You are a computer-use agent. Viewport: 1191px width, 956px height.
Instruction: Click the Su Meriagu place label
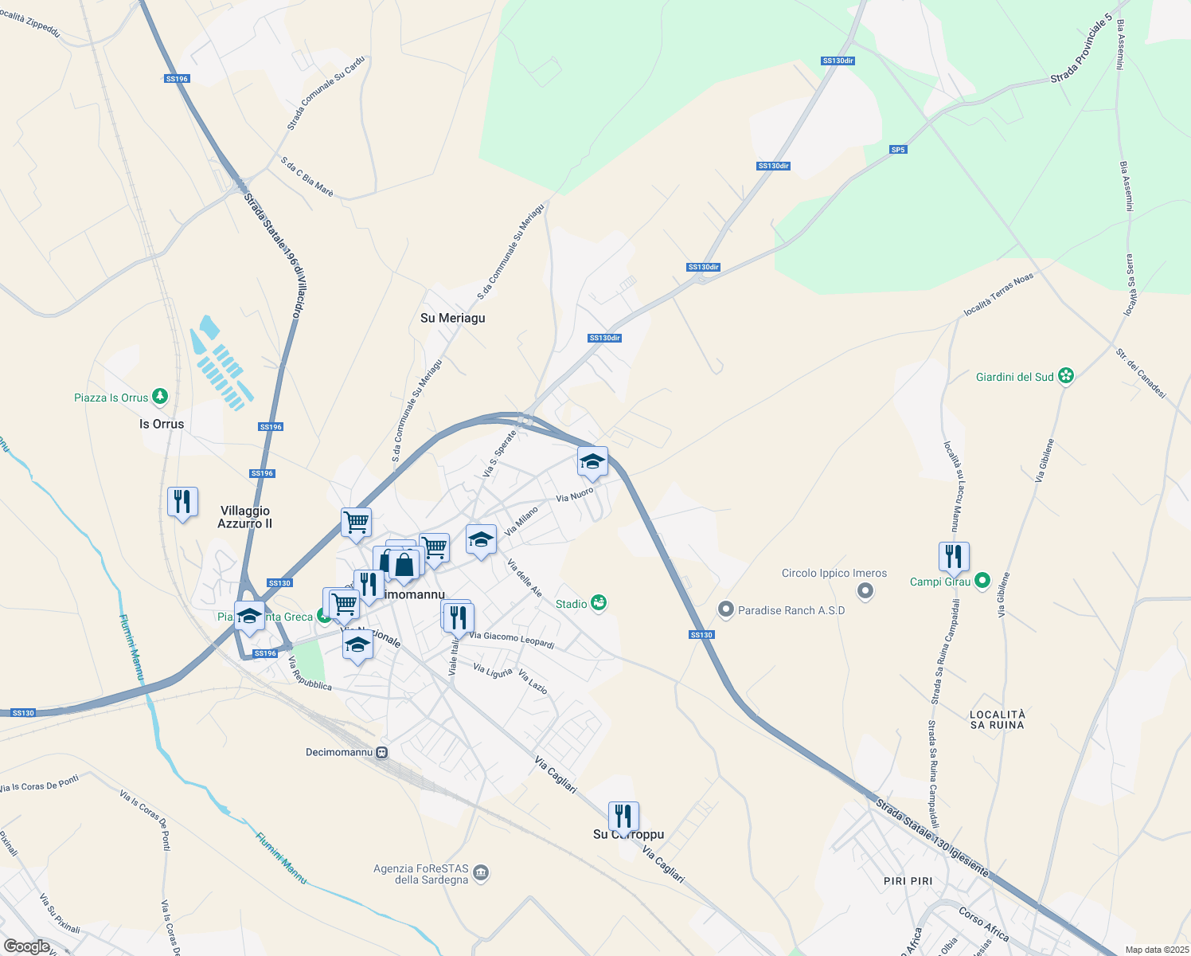coord(452,318)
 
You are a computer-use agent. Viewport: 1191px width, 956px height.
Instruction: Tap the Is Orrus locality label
coord(162,424)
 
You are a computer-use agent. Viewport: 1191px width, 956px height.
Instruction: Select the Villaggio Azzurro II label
coord(245,517)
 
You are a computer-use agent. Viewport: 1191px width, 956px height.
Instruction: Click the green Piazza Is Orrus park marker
coord(160,397)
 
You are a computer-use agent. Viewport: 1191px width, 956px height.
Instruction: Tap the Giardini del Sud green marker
coord(1066,376)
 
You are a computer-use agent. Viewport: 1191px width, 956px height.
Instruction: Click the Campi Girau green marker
coord(982,582)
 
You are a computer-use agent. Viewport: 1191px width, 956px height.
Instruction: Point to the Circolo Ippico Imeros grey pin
coord(866,591)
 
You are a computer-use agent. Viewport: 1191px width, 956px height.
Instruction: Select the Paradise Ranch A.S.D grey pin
coord(725,610)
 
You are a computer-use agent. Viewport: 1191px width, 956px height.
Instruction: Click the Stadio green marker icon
coord(599,604)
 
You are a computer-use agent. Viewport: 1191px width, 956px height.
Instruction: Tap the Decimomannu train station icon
coord(382,752)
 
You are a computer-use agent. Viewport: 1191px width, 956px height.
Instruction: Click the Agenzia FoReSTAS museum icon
coord(481,874)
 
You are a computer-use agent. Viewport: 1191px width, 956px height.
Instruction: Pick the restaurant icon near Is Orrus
coord(183,502)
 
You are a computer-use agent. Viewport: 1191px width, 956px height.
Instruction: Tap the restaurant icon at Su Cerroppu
coord(623,817)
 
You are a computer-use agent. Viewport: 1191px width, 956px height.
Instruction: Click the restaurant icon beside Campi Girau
coord(954,556)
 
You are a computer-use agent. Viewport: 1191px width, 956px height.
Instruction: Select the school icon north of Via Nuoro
coord(592,460)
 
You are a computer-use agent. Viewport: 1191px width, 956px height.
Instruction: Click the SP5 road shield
coord(898,150)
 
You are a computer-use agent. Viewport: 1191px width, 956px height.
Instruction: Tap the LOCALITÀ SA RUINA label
coord(998,719)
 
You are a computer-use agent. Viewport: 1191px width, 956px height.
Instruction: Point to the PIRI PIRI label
coord(908,881)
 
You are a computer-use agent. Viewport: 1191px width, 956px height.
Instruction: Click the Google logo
coord(27,946)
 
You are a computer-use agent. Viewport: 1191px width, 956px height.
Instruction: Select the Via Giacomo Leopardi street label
coord(511,640)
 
